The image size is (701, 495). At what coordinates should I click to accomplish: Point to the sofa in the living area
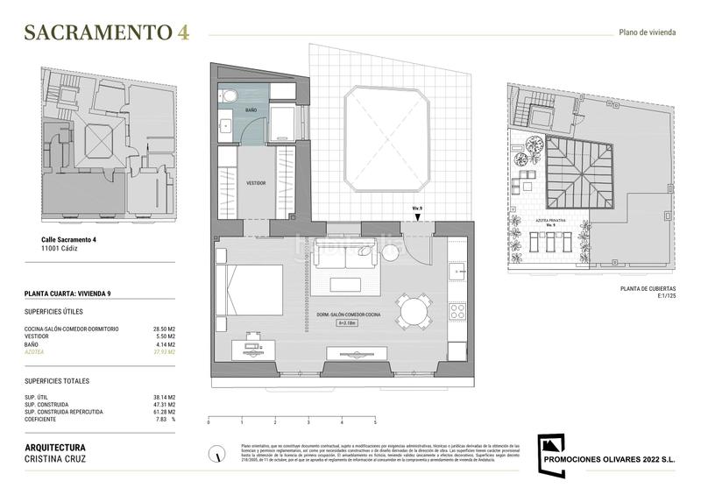tap(348, 255)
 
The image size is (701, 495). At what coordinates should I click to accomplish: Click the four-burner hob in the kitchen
tap(458, 311)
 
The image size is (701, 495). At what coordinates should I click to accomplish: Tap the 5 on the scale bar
tap(375, 422)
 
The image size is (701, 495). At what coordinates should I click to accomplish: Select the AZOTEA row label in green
tap(34, 352)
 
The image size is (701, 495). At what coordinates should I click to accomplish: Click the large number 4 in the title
tap(182, 32)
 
